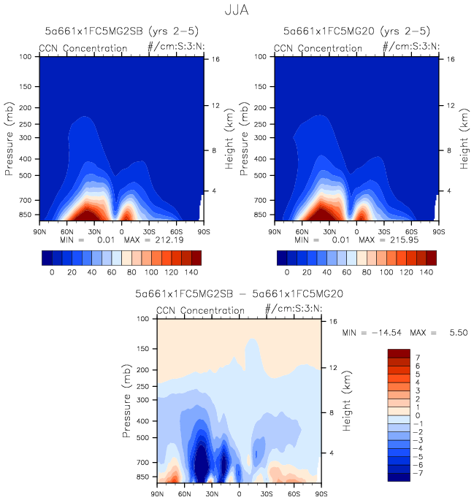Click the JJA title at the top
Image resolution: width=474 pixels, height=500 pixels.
(x=237, y=12)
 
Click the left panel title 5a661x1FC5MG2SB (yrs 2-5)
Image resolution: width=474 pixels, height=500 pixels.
(x=121, y=31)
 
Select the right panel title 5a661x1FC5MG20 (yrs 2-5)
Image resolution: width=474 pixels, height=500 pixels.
(x=356, y=31)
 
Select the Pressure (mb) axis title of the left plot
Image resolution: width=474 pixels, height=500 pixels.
(x=10, y=136)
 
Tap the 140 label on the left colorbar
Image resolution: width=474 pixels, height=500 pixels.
(x=191, y=272)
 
